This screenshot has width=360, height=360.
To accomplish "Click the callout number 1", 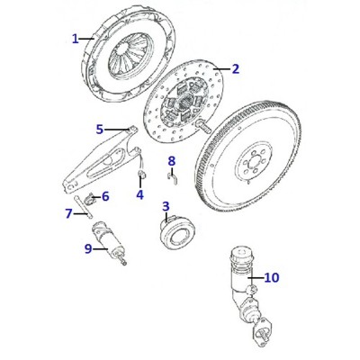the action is coord(76,39).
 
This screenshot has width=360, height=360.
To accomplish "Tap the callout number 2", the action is coord(236,69).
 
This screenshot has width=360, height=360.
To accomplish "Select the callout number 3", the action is coord(166,206).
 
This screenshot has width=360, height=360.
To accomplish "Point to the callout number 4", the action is coord(139,195).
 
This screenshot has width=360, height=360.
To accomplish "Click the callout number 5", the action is coord(100,130).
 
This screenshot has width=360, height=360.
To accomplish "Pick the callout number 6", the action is coord(105,196).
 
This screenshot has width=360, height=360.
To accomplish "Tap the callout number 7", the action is coord(69,213).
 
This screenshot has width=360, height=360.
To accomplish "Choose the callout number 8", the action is coord(171,161).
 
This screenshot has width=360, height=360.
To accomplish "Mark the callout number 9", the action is coord(88,248).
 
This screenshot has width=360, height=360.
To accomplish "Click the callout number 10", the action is coord(272,278).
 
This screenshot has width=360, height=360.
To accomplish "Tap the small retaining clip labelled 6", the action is coord(89,199).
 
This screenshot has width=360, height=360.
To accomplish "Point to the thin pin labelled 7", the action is coord(82,206).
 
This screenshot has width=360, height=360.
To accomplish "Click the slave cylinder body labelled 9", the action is coord(108,241).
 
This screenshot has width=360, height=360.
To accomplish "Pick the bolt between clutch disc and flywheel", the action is coord(203,126).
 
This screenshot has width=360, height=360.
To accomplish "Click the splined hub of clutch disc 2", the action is coord(184,102).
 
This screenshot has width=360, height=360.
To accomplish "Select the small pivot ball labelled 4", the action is coord(141,174).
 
